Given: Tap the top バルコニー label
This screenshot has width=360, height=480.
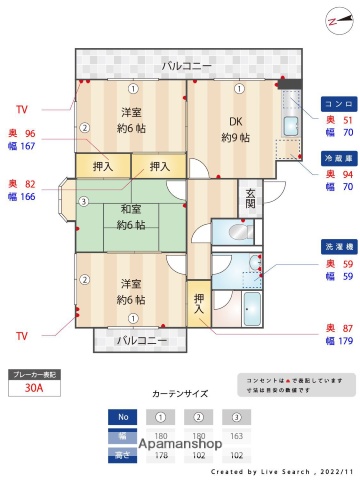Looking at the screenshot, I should coord(188,66).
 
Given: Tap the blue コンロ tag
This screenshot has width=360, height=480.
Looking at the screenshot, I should coord(337,103).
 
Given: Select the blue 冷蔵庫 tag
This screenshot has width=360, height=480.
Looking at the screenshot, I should coord(337,158).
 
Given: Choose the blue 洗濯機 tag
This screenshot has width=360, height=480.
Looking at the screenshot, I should coord(337,245).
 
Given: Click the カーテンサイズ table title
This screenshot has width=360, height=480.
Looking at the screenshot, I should coord(181,393).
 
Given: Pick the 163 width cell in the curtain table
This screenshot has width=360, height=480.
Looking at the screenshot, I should coord(236,437).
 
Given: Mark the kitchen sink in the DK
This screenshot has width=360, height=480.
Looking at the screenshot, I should coord(290,126).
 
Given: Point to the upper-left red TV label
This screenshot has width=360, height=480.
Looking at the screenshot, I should coord(23,109).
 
